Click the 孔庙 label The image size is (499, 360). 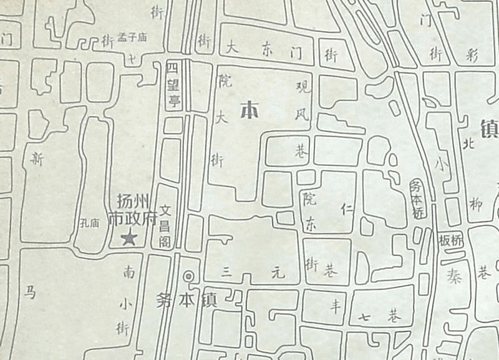[90, 221]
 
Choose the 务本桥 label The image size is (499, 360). [417, 199]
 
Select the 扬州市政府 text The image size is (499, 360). [132, 210]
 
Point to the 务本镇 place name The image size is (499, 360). [186, 299]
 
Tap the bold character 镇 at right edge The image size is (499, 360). [490, 129]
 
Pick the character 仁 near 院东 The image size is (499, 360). [349, 210]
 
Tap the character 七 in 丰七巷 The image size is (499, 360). [364, 318]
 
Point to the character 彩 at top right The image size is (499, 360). [471, 55]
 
